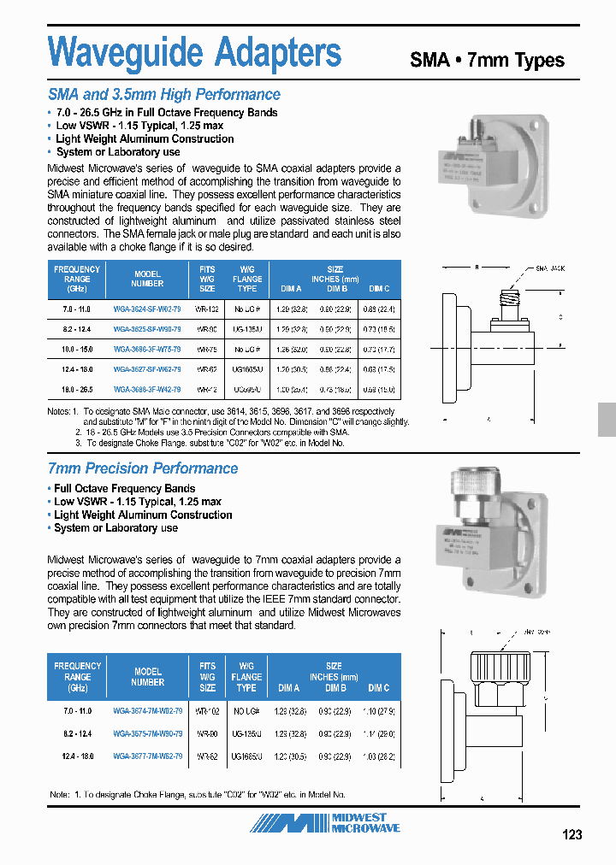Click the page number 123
[572, 834]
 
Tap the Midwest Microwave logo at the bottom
[325, 823]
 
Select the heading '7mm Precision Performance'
[142, 468]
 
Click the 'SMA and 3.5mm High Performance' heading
[163, 95]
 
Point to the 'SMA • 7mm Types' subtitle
[487, 60]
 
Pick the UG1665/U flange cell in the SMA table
[247, 368]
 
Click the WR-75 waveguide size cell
[207, 349]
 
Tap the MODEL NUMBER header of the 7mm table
[147, 677]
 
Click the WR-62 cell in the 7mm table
[207, 756]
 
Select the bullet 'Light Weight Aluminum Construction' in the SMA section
[144, 139]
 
